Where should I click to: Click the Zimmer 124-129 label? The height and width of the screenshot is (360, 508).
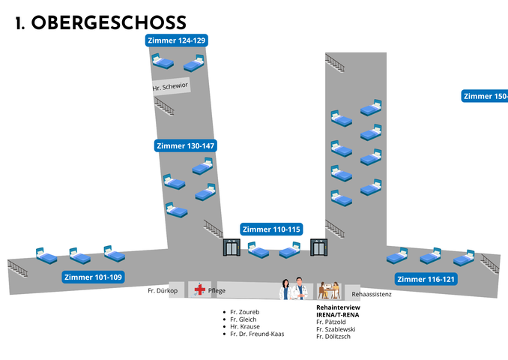pos(177,40)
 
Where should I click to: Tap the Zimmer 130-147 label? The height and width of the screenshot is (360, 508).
pos(186,146)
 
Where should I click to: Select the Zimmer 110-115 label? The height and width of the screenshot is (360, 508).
pos(271,229)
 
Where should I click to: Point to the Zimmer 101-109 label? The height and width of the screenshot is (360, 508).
pos(94,277)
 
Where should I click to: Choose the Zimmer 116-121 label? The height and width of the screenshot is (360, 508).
pos(426,279)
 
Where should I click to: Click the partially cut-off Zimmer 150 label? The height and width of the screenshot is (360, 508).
pos(485,96)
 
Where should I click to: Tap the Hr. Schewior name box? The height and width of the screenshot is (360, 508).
pos(170,86)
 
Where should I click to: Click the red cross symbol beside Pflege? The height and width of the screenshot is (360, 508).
pos(199,289)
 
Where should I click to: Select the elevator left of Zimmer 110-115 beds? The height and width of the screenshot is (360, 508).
pos(232,247)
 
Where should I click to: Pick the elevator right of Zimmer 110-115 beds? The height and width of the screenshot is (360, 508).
pos(318,247)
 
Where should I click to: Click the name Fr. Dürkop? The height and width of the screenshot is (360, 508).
pos(163,290)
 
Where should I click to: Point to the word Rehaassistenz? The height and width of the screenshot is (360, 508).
pos(372,294)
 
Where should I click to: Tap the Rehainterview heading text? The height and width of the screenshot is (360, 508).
pos(338,307)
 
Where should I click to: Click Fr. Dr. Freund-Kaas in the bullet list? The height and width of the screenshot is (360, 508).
pos(257,334)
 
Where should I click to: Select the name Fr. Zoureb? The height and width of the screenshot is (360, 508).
pos(245,312)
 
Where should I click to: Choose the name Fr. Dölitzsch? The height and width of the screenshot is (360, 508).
pos(333,337)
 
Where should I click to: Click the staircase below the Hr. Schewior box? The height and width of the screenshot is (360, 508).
pos(164,106)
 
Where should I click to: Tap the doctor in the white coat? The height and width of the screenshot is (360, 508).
pos(300,288)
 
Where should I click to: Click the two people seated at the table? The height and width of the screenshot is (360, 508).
pos(329,290)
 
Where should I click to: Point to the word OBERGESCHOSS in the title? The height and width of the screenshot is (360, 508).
pos(109,22)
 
